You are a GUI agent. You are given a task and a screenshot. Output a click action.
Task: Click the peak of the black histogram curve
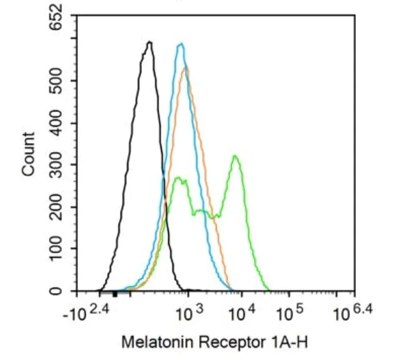click(150, 43)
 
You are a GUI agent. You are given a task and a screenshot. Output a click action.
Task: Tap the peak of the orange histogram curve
click(186, 67)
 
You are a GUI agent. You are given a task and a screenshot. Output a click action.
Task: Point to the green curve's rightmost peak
click(236, 156)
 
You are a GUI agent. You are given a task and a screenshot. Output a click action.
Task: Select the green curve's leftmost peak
click(177, 177)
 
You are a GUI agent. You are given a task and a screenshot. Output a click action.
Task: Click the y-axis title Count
click(28, 154)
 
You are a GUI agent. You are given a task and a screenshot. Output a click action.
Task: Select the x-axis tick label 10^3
click(189, 314)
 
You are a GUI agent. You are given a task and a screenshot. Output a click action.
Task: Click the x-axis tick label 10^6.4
click(349, 313)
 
